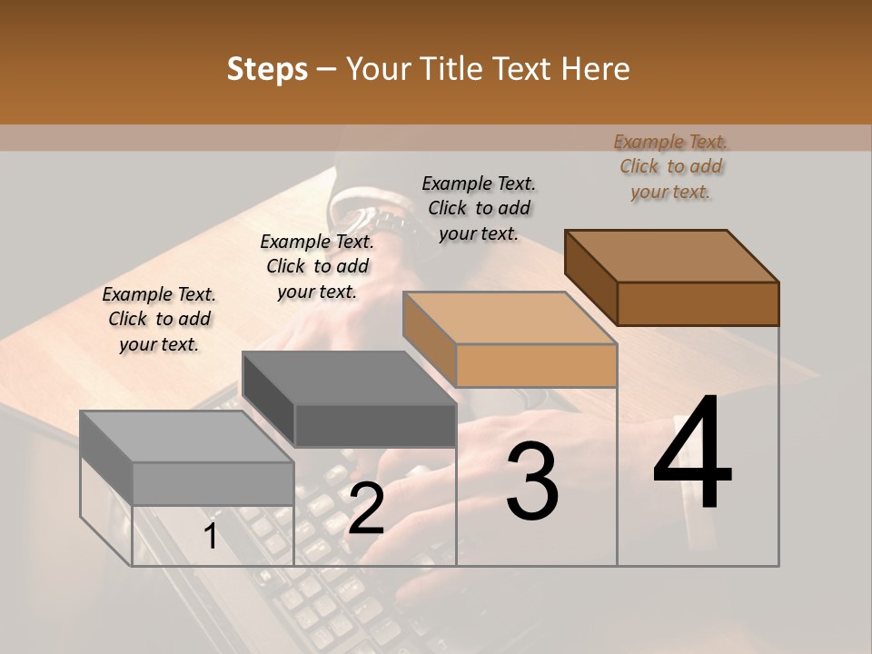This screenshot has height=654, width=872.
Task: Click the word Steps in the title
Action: (267, 69)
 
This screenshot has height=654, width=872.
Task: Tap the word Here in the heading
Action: (592, 69)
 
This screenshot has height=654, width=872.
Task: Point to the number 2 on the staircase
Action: (366, 509)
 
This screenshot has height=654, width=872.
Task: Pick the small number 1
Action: (211, 536)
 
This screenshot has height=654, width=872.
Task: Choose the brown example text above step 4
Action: (671, 166)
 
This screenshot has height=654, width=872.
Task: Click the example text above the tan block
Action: (479, 208)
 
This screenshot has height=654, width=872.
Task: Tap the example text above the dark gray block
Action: (317, 266)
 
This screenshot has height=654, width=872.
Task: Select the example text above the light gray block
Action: (159, 319)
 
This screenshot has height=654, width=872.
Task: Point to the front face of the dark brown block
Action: (698, 303)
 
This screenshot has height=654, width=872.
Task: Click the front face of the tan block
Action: (536, 366)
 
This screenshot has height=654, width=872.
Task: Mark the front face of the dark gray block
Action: (374, 425)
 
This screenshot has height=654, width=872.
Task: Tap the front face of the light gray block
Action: (213, 483)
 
